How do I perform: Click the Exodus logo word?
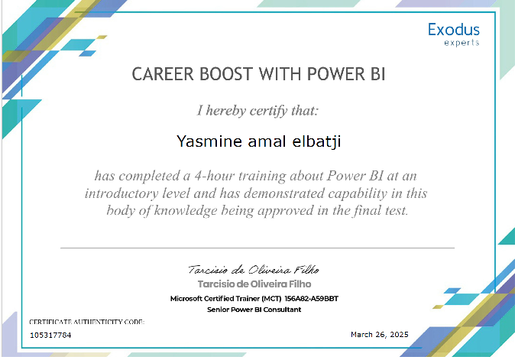click(454, 30)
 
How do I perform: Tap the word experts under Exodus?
click(462, 43)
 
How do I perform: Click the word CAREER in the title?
click(163, 74)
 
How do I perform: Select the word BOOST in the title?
click(226, 74)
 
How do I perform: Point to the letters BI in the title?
click(377, 74)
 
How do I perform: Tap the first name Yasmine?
click(209, 141)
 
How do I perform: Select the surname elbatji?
click(316, 141)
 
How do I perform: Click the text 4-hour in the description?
click(214, 176)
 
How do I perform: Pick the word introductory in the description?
click(121, 193)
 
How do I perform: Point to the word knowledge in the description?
click(186, 210)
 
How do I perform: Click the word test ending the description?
click(397, 210)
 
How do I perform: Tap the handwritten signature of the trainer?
click(254, 270)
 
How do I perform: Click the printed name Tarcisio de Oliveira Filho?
click(254, 284)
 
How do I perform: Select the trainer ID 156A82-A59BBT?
click(311, 299)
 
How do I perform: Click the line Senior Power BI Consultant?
click(254, 310)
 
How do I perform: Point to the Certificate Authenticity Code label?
click(86, 322)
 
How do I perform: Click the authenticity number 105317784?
click(50, 335)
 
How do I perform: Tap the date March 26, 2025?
click(379, 334)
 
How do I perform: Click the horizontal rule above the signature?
click(257, 248)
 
